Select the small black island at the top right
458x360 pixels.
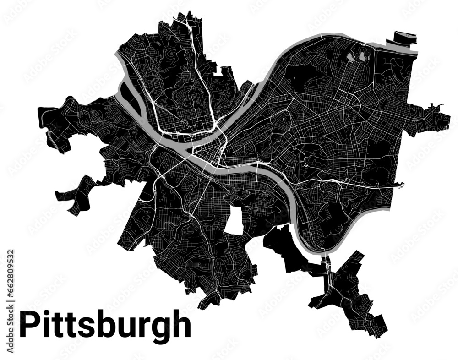click(405, 36)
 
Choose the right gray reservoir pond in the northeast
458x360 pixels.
click(364, 57)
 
